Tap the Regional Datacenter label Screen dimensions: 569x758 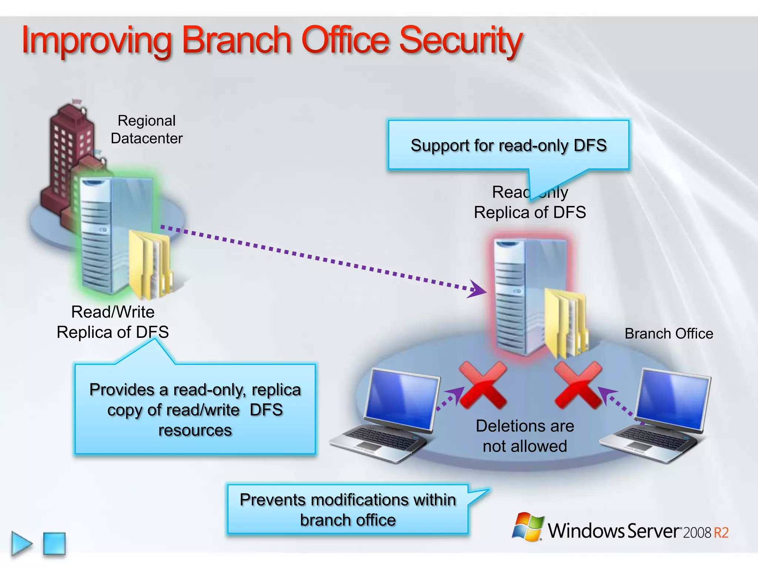tap(147, 129)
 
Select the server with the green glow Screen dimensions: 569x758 tap(111, 233)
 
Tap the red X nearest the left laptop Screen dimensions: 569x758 tap(483, 385)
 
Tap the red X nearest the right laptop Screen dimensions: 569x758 tap(578, 385)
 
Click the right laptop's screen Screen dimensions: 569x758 tap(674, 398)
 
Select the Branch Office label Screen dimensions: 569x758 tap(668, 333)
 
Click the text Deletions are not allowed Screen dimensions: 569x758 tap(524, 436)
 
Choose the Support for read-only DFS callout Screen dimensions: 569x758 tap(508, 145)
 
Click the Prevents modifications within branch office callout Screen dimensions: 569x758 tap(348, 509)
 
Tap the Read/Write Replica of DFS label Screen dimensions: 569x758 tap(113, 322)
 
